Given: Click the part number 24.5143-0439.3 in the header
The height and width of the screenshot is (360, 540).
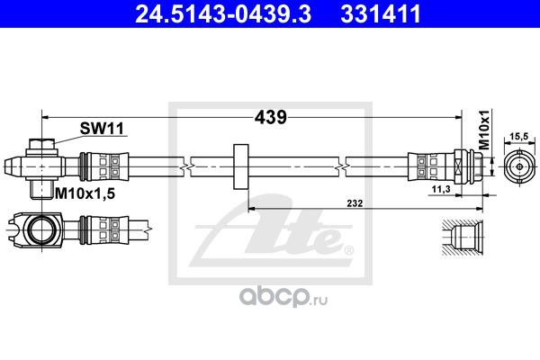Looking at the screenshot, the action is tap(223, 13).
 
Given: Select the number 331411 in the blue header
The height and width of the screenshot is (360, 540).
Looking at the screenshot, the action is tap(381, 13).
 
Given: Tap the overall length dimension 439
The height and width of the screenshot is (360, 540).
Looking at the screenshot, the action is tap(270, 118).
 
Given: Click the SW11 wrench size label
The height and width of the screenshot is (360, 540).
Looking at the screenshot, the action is tap(102, 129).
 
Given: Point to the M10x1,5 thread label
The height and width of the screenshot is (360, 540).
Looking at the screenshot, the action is tap(85, 194).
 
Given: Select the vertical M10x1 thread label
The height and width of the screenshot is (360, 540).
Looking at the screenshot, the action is tap(484, 130).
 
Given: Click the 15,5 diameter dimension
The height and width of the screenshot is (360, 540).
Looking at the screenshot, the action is tap(519, 137).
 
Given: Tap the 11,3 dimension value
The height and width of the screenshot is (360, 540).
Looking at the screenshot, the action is tap(441, 189).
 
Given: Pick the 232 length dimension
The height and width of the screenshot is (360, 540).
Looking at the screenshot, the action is tap(355, 203).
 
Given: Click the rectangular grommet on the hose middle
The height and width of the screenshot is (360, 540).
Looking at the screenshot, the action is tap(241, 166).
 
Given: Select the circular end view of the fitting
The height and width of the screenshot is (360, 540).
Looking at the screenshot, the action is tap(519, 166).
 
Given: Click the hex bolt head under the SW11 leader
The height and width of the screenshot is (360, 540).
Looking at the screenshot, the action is tap(41, 144).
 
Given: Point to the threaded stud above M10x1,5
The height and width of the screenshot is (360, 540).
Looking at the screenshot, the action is tap(41, 190).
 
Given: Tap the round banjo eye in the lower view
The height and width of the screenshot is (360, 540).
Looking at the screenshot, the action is tap(41, 229).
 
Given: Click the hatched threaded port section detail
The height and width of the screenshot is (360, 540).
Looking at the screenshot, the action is tap(463, 238).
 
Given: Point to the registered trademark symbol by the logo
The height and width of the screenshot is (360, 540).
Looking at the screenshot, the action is tap(349, 250).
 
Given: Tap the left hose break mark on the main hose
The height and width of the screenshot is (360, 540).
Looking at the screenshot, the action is tap(186, 167).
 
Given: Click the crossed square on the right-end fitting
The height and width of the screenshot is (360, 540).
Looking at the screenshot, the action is tap(458, 166).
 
